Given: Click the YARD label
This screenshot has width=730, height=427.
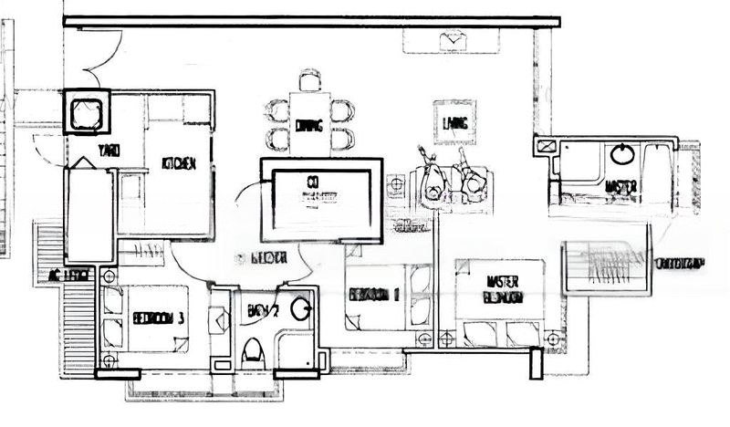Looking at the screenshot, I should click(108, 151).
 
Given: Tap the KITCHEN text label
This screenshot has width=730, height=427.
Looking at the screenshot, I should click(178, 163).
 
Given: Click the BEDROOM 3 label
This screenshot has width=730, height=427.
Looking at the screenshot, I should click(159, 318).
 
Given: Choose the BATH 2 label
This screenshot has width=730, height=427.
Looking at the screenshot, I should click(263, 311).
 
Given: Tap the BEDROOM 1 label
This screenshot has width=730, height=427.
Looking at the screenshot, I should click(375, 294).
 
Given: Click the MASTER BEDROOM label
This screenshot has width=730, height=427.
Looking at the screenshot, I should click(502, 290).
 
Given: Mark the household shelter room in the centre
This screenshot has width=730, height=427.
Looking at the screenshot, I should click(318, 198).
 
